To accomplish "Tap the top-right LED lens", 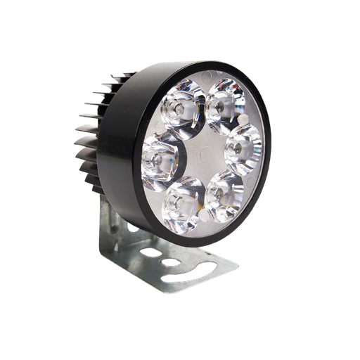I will pos(222,105).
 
